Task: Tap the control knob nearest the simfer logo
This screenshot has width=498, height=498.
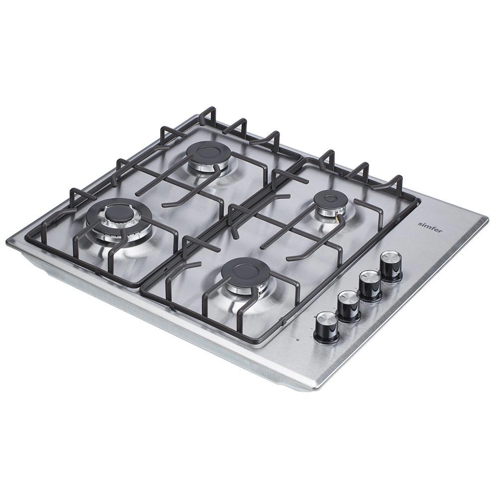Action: (x=391, y=266)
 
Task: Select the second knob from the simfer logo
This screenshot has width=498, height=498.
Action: (x=371, y=285)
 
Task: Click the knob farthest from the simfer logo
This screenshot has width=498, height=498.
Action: (x=327, y=327)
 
